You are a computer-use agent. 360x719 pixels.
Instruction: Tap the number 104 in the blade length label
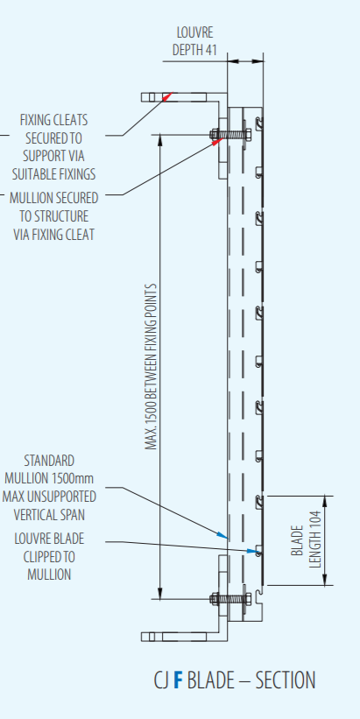click(315, 522)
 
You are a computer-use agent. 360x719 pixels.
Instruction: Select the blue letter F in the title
click(178, 680)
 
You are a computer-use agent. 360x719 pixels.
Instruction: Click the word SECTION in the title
click(286, 680)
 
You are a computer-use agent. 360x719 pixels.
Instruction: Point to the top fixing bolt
click(230, 135)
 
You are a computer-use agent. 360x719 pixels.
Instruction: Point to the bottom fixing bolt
click(230, 598)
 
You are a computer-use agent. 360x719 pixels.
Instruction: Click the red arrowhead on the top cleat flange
click(167, 95)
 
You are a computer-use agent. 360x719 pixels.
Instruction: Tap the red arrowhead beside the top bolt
click(216, 142)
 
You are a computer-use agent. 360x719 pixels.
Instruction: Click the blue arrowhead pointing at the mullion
click(222, 535)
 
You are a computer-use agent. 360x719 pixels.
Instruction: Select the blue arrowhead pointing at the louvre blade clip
click(251, 550)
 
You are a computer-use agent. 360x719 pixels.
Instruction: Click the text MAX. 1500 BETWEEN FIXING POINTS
click(152, 367)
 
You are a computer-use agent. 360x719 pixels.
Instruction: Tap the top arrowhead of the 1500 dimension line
click(159, 139)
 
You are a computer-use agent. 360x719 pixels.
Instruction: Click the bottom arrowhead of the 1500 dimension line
click(159, 594)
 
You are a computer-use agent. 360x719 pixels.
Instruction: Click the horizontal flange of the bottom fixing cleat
click(184, 637)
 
